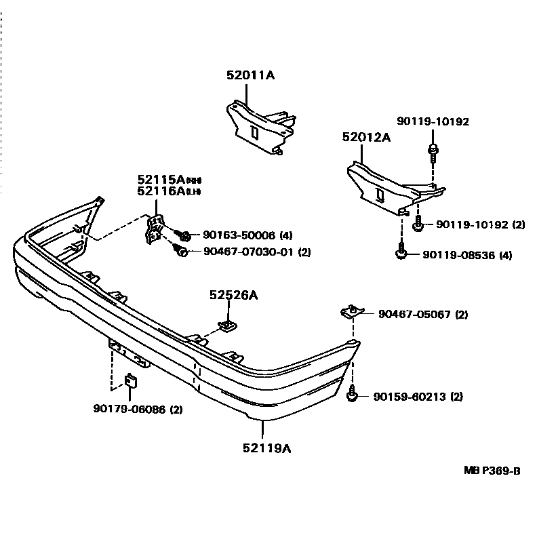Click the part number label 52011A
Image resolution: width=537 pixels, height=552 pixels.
click(x=250, y=76)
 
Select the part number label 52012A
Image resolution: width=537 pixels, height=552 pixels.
click(x=366, y=137)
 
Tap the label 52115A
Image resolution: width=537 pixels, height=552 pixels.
click(x=161, y=180)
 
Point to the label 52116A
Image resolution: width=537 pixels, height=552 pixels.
click(x=161, y=191)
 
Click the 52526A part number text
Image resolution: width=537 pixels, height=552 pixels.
click(x=233, y=296)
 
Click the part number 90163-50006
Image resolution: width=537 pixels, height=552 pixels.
click(x=239, y=235)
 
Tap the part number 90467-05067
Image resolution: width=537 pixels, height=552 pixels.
click(x=414, y=315)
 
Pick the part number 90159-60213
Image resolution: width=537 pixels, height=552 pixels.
click(x=409, y=397)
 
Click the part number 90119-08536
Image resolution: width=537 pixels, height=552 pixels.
click(x=458, y=256)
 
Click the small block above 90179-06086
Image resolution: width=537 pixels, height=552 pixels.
click(x=132, y=381)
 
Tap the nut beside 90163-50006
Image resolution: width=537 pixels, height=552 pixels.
click(x=185, y=235)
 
